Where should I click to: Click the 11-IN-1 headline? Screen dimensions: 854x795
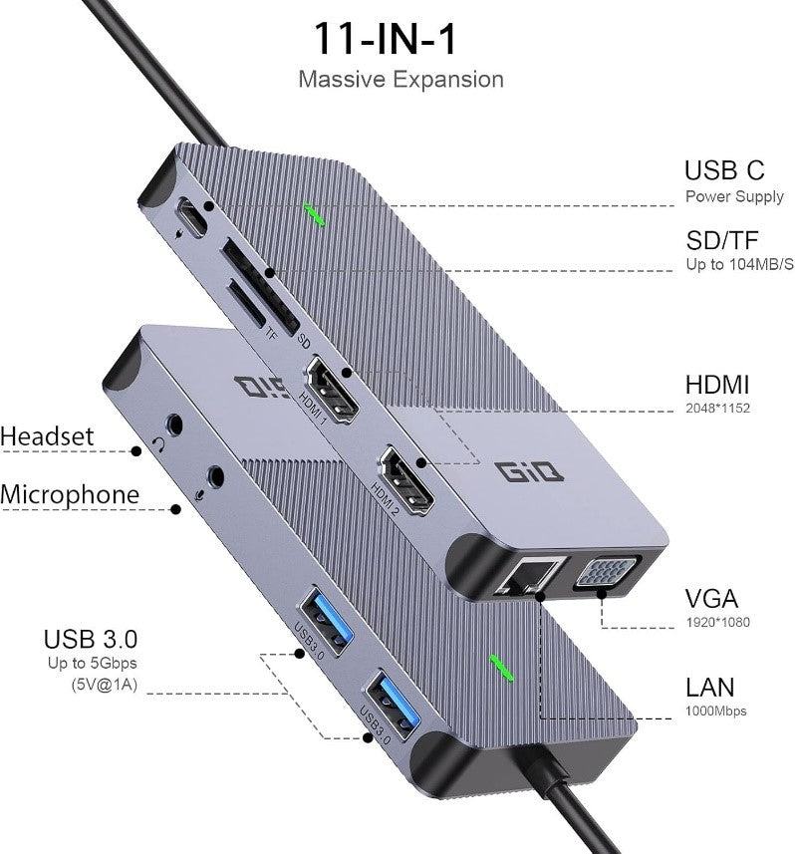(x=399, y=38)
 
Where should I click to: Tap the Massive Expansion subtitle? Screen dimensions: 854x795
(x=400, y=80)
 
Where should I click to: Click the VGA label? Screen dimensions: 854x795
(x=711, y=599)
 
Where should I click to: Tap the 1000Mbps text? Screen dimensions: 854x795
(x=715, y=711)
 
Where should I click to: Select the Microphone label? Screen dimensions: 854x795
(x=70, y=494)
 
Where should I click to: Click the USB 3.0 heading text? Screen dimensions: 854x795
(x=91, y=638)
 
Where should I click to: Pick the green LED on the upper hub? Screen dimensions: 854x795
(x=315, y=214)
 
